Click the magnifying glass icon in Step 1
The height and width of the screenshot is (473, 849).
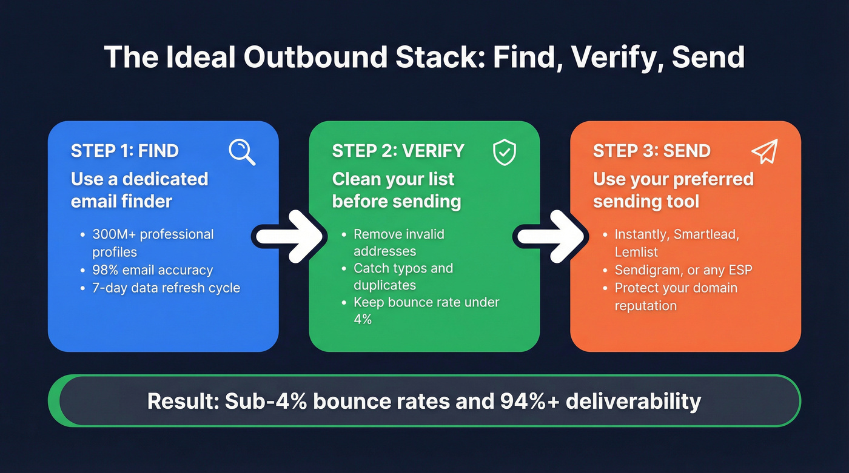[x=241, y=152]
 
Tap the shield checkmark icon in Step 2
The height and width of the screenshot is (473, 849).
[x=504, y=153]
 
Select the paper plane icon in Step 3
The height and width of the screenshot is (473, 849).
[x=764, y=152]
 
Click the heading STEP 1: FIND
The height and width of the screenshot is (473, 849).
[x=125, y=151]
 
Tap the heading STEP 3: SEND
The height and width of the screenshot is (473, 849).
[x=651, y=151]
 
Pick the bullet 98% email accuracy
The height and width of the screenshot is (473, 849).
[x=152, y=270]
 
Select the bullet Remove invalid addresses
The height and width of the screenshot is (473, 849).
[x=399, y=242]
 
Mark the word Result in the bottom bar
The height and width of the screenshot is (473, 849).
[x=183, y=401]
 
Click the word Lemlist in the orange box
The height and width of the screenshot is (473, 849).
[x=636, y=251]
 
